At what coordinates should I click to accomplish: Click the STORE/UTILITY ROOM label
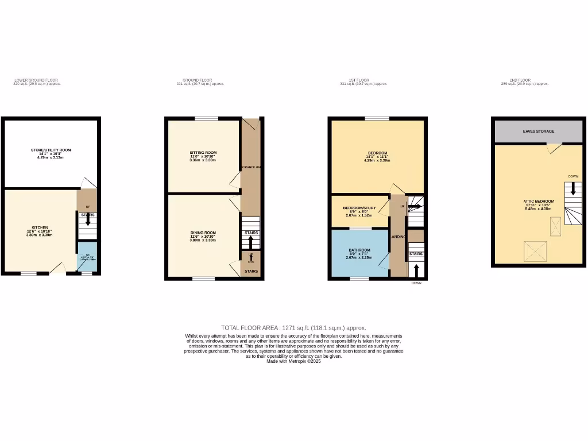(51, 150)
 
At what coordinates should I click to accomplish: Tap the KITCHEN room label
(40, 227)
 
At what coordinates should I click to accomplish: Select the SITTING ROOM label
(203, 152)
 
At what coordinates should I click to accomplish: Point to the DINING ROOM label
(203, 232)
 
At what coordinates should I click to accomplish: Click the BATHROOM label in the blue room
(359, 250)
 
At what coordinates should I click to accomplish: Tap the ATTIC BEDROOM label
(538, 202)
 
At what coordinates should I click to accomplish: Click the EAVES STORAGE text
(538, 131)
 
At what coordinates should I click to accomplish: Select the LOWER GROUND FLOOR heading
(36, 80)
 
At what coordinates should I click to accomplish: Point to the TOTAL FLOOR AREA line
(293, 327)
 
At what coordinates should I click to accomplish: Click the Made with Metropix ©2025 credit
(293, 361)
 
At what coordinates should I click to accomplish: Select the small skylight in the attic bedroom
(556, 226)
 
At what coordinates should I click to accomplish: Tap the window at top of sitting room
(206, 118)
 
